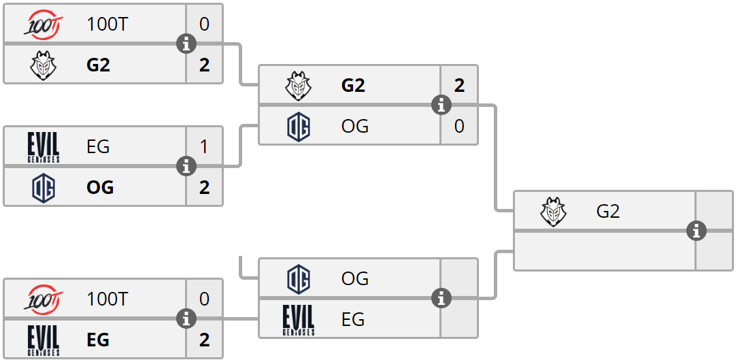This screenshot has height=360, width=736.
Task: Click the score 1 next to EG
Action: pos(204,146)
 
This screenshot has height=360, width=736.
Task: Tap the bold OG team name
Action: pos(100,187)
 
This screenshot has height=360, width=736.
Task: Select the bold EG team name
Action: pos(98,340)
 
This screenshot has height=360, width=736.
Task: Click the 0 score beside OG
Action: pos(459,126)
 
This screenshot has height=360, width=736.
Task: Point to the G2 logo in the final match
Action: pos(554,212)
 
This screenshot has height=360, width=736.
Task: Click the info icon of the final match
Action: pos(696,231)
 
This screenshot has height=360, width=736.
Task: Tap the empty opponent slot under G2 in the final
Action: pos(604,252)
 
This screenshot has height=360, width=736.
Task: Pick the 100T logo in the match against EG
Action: pos(44,299)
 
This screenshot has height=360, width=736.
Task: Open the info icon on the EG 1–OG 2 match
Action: pos(186,166)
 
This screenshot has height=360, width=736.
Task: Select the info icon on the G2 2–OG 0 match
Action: pos(442,105)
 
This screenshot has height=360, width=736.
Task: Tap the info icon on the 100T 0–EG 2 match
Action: pos(186,318)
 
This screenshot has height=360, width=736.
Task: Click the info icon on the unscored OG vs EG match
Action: pos(442,298)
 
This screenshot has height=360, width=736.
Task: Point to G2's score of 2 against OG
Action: pos(459,85)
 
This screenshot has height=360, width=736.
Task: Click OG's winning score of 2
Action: pos(204,187)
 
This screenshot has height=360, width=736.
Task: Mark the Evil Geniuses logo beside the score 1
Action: pos(44,146)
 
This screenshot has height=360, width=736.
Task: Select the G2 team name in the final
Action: pos(607,212)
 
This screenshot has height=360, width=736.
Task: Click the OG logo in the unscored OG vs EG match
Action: pos(299,278)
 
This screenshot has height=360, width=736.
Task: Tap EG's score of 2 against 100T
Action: pos(204,340)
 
